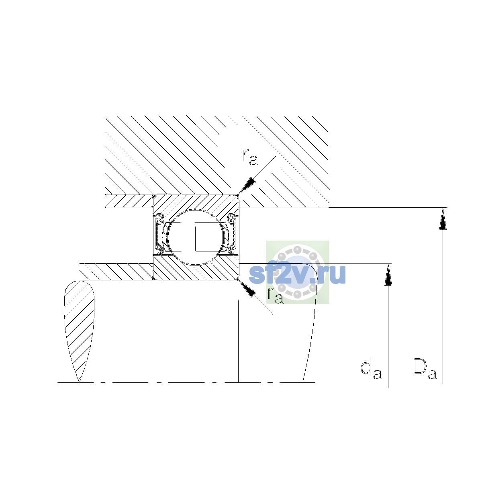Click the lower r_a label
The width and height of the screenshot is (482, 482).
click(276, 295)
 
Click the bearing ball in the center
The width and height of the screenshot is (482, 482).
click(196, 237)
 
